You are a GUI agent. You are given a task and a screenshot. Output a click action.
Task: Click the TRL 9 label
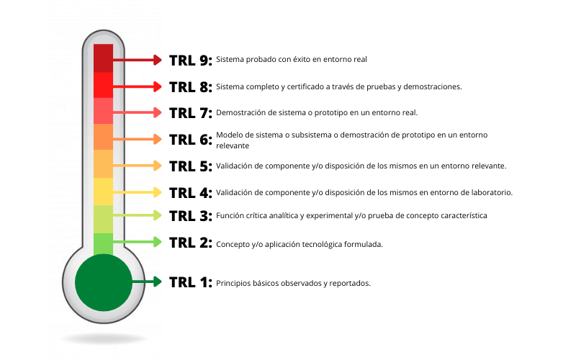(x=190, y=60)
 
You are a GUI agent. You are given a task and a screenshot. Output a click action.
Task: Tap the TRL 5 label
(x=190, y=166)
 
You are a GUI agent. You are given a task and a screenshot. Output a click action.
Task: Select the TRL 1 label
(x=190, y=282)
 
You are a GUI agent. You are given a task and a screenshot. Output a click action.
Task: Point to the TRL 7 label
(x=190, y=112)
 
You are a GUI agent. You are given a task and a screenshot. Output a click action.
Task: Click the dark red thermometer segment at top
(x=104, y=58)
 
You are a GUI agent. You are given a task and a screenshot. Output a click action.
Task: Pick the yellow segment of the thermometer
(x=104, y=192)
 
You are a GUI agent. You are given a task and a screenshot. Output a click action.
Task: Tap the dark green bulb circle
(x=104, y=282)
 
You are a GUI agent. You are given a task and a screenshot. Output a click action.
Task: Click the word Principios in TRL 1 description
(x=234, y=283)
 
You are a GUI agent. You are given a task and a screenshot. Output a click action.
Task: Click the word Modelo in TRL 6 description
(x=230, y=135)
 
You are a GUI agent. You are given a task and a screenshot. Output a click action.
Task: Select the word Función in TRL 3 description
(x=231, y=216)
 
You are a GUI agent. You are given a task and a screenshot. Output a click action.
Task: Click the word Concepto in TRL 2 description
(x=233, y=244)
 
